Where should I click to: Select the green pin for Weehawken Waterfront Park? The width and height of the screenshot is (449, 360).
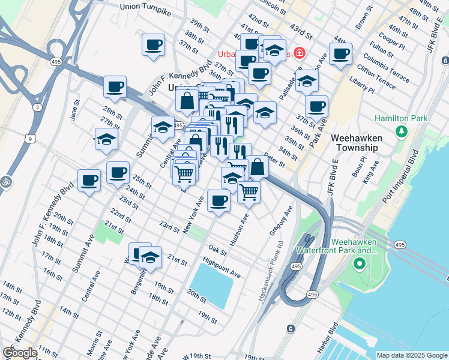[360, 263]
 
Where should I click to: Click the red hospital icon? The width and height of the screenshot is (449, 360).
[299, 54]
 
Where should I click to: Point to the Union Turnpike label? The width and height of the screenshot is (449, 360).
[146, 7]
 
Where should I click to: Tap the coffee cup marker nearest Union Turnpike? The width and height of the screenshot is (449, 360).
[153, 44]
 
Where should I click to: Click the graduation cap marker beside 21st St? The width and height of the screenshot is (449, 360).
[150, 257]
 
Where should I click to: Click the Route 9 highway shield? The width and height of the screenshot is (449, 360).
[30, 139]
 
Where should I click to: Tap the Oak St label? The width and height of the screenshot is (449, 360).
[217, 248]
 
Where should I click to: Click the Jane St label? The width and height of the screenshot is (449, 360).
[76, 112]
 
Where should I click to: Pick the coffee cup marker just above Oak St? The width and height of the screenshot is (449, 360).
[219, 200]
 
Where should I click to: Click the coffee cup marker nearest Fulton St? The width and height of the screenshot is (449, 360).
[340, 53]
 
